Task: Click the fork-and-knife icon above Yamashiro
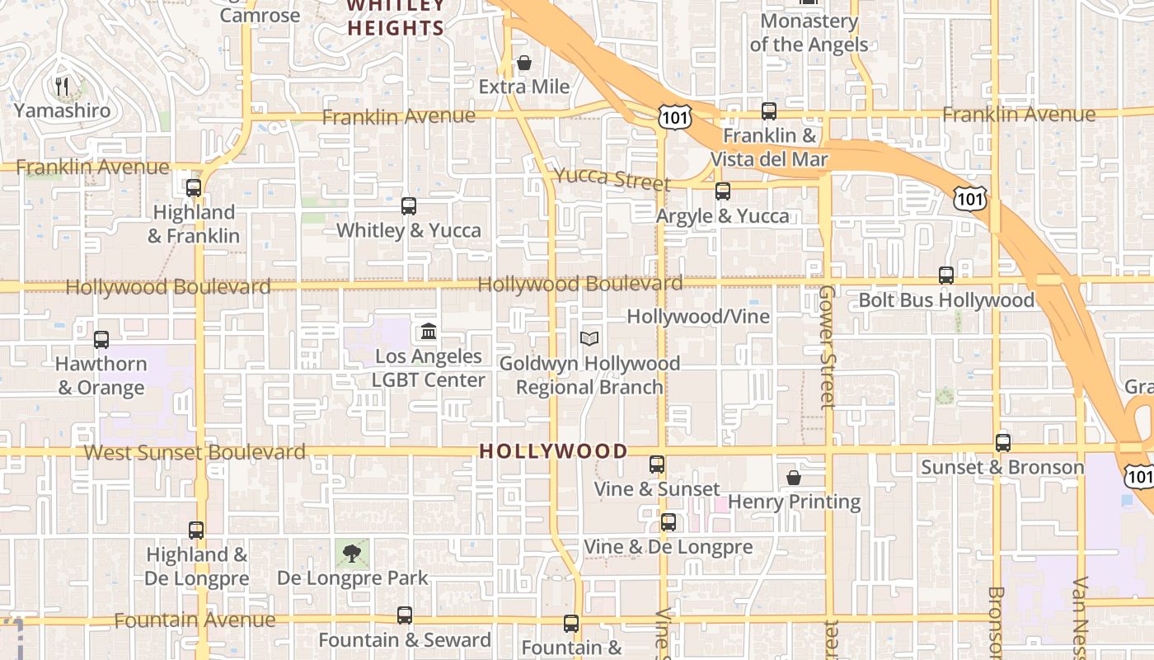[x=60, y=85]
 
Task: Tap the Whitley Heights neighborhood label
[x=396, y=17]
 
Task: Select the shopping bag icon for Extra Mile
[x=523, y=63]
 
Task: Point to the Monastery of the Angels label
[x=809, y=32]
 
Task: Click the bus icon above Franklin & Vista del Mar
[x=769, y=111]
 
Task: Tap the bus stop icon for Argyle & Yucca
[x=723, y=191]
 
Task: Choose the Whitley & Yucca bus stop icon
[x=409, y=206]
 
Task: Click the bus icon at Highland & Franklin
[x=194, y=188]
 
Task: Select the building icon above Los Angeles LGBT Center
[x=429, y=332]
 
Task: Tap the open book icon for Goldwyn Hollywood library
[x=589, y=338]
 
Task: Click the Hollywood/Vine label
[x=698, y=317]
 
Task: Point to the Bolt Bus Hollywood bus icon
[x=946, y=276]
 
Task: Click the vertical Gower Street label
[x=827, y=347]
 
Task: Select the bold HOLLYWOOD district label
[x=553, y=451]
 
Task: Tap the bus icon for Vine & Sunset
[x=657, y=464]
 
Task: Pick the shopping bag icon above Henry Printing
[x=794, y=478]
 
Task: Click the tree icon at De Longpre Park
[x=352, y=554]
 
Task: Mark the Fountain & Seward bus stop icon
[x=405, y=615]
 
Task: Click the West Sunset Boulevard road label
[x=195, y=452]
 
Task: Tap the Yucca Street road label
[x=612, y=177]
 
